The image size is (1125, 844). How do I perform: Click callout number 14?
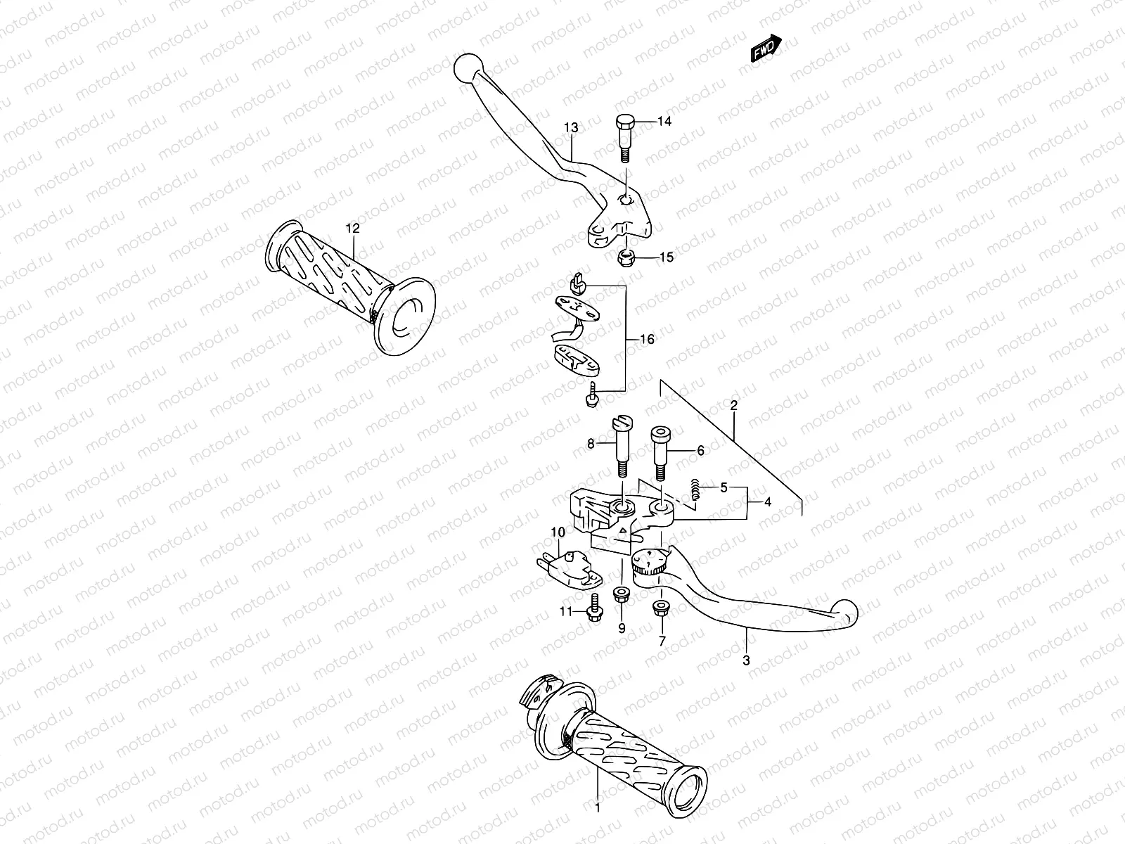(664, 122)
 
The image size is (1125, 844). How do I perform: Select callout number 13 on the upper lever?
(571, 127)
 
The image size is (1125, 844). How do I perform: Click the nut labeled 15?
(625, 259)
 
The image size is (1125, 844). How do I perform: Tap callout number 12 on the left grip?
(352, 228)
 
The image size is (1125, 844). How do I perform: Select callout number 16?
(647, 340)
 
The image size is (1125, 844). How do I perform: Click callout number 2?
(733, 405)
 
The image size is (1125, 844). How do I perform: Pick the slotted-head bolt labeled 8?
(623, 447)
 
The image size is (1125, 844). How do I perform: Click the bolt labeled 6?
(662, 454)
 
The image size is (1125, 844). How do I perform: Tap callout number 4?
(767, 502)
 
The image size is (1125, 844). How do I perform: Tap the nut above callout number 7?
(661, 608)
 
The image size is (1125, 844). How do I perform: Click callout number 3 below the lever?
(746, 660)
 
